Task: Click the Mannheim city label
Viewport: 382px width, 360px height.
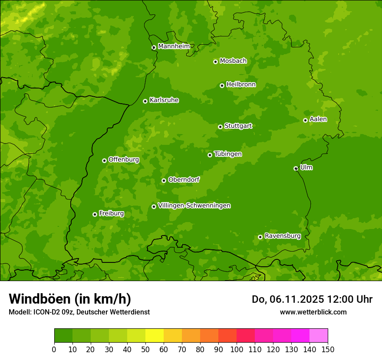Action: (x=174, y=46)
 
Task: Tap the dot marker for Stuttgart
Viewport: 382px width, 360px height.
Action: (x=220, y=127)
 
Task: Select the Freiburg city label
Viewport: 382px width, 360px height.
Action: (x=111, y=213)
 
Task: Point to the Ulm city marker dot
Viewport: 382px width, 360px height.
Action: (x=296, y=168)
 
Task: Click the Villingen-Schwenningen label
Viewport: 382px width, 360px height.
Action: (x=194, y=206)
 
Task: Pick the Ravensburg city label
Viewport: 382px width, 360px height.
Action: (x=282, y=236)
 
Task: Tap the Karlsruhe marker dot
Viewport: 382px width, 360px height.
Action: (x=145, y=101)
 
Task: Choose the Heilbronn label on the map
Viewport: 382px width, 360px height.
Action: (x=241, y=85)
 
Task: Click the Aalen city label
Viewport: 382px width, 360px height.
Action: (x=318, y=119)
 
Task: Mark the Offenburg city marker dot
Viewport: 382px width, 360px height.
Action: (x=104, y=160)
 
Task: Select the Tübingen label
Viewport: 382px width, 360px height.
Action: (x=228, y=154)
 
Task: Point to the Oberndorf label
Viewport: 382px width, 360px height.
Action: (x=184, y=180)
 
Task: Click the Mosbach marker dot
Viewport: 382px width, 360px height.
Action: (x=215, y=62)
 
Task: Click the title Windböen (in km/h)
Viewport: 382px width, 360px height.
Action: (x=70, y=299)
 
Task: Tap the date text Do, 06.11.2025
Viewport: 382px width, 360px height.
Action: (x=287, y=299)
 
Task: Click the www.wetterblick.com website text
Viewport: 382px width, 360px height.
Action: (x=313, y=312)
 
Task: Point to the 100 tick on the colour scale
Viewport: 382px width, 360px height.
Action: (x=236, y=349)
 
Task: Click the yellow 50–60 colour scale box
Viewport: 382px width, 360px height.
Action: (x=155, y=336)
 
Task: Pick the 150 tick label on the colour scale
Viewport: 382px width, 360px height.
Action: (x=327, y=349)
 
